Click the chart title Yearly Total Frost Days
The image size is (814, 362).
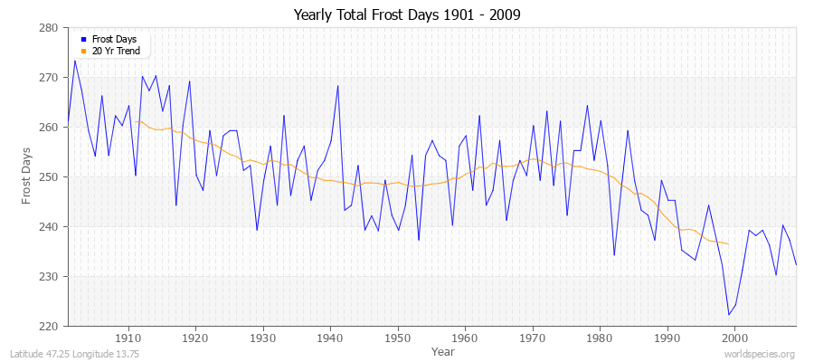406,15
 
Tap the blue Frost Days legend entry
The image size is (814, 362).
113,40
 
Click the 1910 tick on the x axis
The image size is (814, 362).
128,338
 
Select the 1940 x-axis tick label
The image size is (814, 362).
330,338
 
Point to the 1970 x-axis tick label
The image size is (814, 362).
532,338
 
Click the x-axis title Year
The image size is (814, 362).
442,350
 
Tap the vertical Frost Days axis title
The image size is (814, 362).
27,177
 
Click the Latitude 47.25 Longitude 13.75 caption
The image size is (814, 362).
74,354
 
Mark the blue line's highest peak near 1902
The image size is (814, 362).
74,61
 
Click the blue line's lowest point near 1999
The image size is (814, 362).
728,315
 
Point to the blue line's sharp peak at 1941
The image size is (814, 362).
337,86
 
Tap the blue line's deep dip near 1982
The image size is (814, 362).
614,255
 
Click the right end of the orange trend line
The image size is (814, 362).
728,244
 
